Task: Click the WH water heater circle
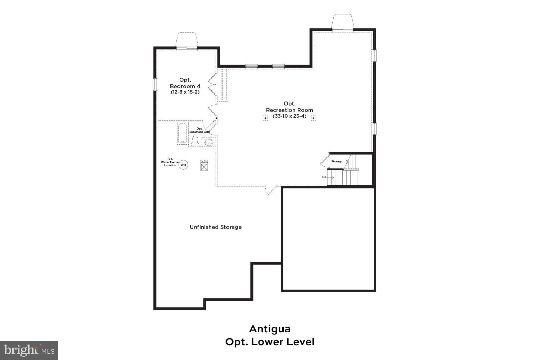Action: pos(184,165)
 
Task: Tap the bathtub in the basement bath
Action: pos(182,134)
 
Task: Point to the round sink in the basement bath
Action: pos(208,142)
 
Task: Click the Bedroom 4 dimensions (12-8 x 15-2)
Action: pos(185,92)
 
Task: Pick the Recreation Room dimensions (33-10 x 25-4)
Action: pos(289,116)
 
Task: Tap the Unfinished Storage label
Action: pos(216,227)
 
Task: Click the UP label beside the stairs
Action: pos(324,177)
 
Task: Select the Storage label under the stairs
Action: pos(337,161)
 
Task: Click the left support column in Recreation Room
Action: pos(265,118)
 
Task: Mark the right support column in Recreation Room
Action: pos(314,118)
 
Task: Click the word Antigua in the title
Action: pos(270,329)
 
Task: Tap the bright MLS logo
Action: pos(29,350)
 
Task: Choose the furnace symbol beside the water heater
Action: pos(204,165)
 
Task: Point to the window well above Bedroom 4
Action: pos(186,40)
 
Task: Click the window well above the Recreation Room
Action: pos(343,22)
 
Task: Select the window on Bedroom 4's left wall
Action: pos(155,85)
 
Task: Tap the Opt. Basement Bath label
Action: pos(200,130)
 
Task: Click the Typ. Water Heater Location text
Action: pos(170,162)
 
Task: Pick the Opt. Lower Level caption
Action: pos(270,342)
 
